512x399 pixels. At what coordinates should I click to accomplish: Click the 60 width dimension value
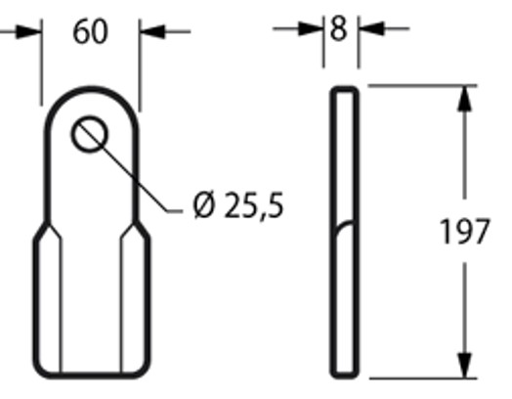90,32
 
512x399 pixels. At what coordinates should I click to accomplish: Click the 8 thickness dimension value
339,28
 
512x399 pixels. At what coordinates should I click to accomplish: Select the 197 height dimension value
464,234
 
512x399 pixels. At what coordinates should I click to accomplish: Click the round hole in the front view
90,135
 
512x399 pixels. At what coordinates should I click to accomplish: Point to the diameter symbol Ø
204,206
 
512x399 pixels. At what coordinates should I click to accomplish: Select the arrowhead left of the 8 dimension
316,28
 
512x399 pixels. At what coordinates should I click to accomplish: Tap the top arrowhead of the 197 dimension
464,95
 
